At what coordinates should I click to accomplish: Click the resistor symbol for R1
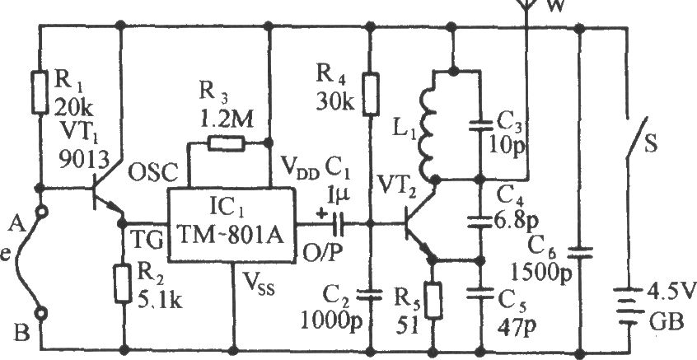click(40, 91)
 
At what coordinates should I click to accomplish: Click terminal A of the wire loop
click(41, 213)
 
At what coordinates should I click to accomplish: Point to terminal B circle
click(41, 314)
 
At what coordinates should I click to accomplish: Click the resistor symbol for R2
click(122, 283)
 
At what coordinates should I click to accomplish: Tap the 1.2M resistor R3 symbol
click(227, 143)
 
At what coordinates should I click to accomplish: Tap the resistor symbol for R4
click(372, 94)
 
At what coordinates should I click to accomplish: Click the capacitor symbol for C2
click(372, 295)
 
